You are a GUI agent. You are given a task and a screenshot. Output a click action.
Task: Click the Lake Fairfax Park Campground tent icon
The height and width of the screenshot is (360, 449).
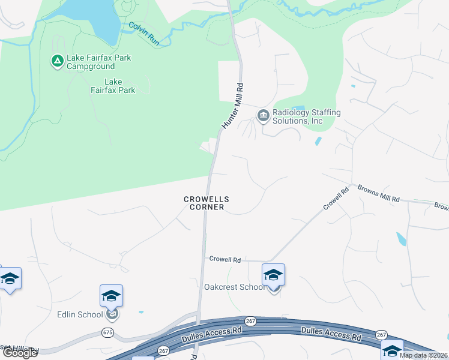tap(57, 61)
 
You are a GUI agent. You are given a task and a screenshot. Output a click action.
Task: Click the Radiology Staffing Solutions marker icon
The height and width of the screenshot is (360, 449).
tap(263, 116)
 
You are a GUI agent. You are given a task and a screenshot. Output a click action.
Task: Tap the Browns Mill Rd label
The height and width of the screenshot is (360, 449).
tap(378, 193)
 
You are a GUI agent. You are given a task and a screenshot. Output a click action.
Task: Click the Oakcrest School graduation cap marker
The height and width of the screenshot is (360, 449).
tap(273, 275)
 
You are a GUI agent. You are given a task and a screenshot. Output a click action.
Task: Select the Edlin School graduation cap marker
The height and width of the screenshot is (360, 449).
tap(112, 296)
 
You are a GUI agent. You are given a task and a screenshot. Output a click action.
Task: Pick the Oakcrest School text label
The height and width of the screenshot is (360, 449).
tap(234, 287)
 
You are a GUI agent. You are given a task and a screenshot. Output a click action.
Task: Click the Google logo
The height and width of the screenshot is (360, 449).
tap(19, 353)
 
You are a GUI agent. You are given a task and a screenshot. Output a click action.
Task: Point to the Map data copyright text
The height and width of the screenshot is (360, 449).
tap(423, 355)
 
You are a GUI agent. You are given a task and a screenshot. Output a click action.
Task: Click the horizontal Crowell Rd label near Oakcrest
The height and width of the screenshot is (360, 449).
tap(224, 260)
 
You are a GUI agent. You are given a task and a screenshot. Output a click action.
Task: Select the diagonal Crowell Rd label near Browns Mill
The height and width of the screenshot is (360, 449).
tap(336, 199)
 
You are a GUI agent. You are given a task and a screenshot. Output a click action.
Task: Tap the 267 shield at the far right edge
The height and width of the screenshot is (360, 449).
tap(381, 334)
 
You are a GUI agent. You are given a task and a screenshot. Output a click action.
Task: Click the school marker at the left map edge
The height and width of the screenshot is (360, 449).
tap(9, 278)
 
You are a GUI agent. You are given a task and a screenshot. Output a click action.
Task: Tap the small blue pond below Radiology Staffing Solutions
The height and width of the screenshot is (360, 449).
tap(318, 142)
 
